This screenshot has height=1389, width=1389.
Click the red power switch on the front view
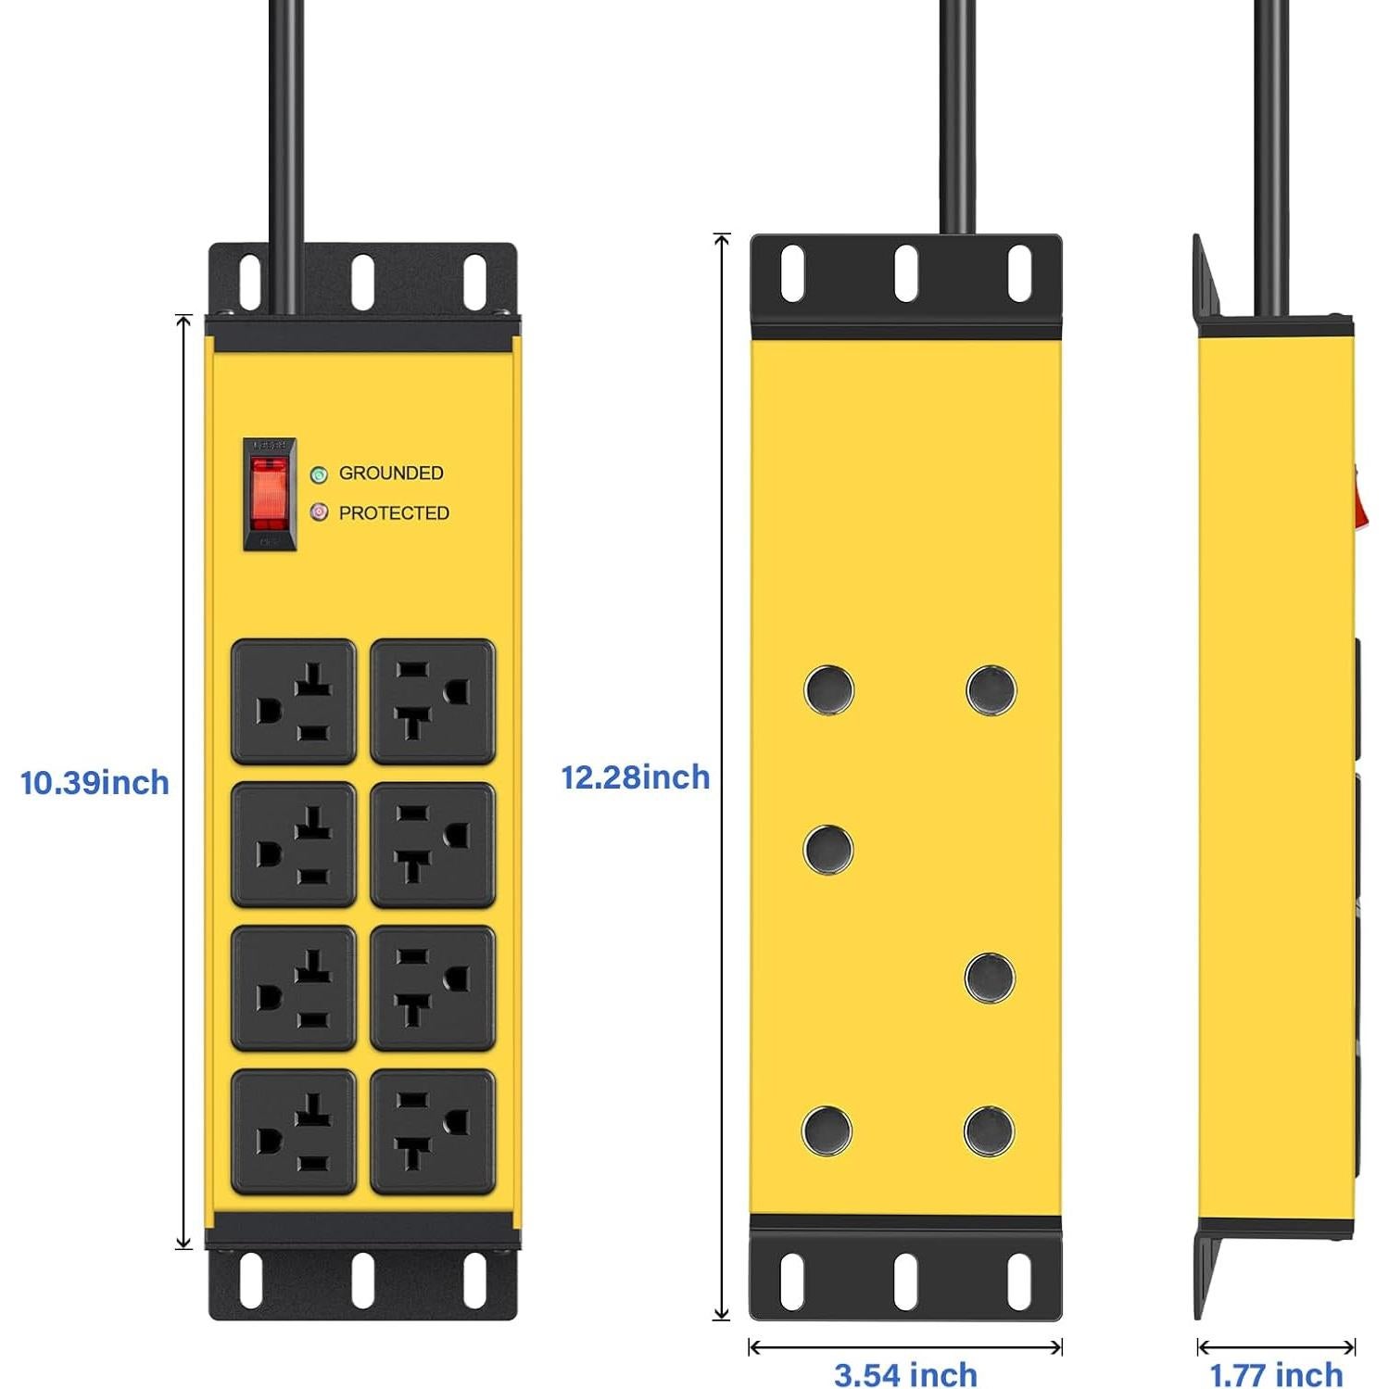(x=270, y=494)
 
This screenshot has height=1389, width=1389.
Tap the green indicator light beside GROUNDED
(x=319, y=474)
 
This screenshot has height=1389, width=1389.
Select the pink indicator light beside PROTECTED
(x=319, y=512)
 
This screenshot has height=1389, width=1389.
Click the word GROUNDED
(x=390, y=473)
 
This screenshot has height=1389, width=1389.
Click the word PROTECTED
(x=394, y=512)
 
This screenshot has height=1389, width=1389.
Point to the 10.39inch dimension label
(x=95, y=783)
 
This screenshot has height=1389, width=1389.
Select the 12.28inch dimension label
(x=636, y=777)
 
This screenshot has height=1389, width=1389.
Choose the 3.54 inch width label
(x=905, y=1373)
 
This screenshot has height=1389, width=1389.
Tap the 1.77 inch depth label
(x=1276, y=1373)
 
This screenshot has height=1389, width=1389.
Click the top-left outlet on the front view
(x=294, y=701)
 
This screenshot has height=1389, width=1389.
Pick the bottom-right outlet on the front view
(x=433, y=1131)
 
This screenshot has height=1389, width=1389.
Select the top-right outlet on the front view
(x=433, y=701)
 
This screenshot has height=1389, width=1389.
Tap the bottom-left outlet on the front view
(x=294, y=1131)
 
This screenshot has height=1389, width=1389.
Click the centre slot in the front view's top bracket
(x=362, y=282)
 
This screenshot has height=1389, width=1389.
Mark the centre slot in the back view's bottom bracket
(x=905, y=1282)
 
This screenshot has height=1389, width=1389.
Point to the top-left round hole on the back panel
(x=828, y=689)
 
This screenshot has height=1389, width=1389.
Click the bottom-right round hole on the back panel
(x=990, y=1131)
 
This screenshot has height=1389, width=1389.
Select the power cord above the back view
(x=957, y=111)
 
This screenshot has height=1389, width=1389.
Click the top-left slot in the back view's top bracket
(x=792, y=273)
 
